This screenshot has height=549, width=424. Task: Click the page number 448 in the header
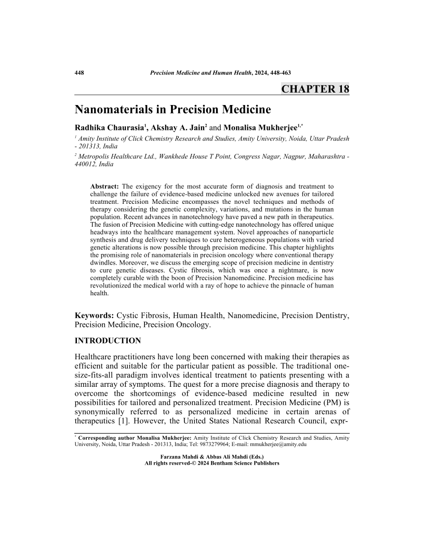[x=79, y=73]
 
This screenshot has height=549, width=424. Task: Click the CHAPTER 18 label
[x=315, y=89]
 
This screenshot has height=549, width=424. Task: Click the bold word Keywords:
[x=95, y=316]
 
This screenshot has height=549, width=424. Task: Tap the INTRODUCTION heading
[x=108, y=341]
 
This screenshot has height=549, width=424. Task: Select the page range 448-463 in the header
[x=280, y=73]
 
